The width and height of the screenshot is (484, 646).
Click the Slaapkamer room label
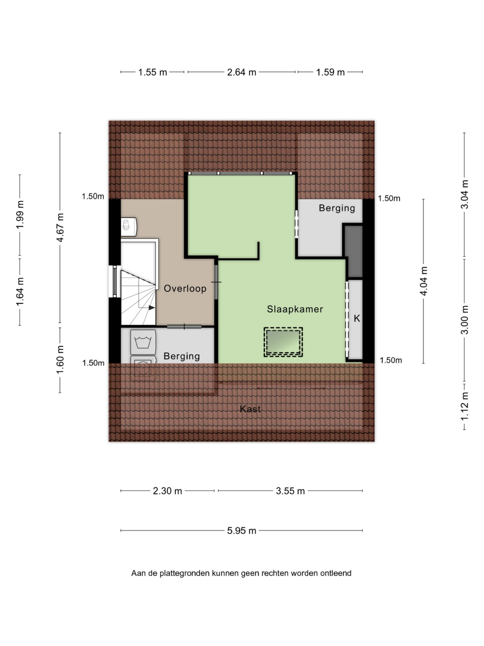(295, 309)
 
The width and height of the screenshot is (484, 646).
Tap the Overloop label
(185, 288)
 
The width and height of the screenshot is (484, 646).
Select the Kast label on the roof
(250, 409)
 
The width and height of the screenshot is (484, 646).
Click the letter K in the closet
(357, 318)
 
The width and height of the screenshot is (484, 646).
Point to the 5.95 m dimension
(241, 530)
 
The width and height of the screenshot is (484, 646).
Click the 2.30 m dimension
(167, 491)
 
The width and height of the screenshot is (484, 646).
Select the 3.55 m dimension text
(290, 491)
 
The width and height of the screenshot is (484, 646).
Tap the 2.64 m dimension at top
(241, 72)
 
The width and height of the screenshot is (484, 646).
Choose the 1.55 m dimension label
(153, 72)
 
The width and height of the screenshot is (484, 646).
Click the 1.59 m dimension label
(330, 72)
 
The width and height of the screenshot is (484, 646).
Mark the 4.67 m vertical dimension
(60, 228)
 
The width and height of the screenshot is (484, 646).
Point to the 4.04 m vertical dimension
(424, 281)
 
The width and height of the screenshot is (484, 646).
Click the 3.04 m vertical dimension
(465, 194)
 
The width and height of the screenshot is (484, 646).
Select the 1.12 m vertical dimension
(465, 407)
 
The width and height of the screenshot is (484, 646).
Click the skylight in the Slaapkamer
(283, 342)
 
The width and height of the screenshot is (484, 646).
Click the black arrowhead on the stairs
(152, 307)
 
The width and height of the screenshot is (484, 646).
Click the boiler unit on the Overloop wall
(129, 227)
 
